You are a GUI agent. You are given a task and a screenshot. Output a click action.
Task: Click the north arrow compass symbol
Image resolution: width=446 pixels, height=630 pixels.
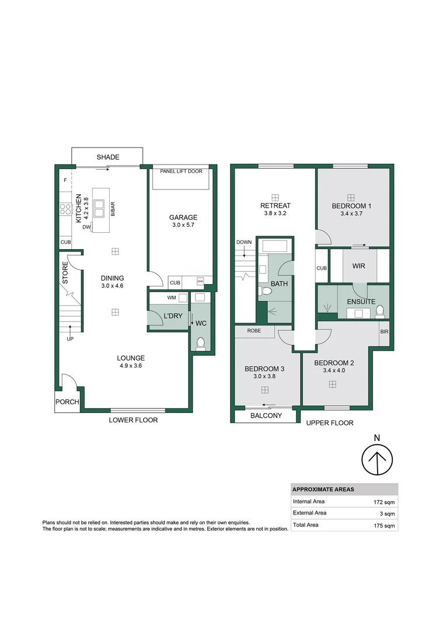[378, 461]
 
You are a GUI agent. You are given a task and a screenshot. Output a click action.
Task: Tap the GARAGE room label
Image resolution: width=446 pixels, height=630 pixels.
[184, 218]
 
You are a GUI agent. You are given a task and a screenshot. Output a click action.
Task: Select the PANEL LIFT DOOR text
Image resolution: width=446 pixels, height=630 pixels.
[181, 171]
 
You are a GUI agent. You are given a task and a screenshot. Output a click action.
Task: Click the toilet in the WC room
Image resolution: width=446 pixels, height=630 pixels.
[201, 343]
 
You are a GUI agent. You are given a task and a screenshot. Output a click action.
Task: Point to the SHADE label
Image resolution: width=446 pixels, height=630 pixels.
[108, 157]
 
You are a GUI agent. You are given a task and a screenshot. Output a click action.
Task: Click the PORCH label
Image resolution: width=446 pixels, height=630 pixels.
[67, 402]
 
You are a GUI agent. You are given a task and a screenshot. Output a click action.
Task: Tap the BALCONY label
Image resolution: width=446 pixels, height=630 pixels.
[266, 416]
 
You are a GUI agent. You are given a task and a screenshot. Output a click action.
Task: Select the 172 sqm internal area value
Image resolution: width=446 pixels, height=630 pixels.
[384, 502]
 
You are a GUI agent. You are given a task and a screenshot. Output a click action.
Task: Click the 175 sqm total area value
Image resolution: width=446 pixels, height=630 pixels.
[384, 526]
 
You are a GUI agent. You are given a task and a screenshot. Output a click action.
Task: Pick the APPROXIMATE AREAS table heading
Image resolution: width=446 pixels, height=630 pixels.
[323, 489]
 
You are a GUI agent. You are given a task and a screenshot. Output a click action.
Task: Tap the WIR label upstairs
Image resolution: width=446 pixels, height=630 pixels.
[359, 265]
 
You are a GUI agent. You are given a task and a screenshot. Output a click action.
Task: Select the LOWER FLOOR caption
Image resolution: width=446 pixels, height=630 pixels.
[133, 420]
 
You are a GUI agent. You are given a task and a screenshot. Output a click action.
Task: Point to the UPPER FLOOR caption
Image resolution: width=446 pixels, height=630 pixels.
[330, 423]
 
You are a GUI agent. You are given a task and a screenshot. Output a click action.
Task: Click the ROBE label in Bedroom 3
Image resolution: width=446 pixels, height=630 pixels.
[254, 330]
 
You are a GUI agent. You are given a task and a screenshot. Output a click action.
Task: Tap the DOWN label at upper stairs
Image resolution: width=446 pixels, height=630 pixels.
[243, 242]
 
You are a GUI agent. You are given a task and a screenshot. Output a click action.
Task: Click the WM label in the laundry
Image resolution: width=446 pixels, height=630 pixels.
[172, 297]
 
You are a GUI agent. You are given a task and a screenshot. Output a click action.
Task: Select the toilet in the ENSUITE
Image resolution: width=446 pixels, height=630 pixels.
[380, 310]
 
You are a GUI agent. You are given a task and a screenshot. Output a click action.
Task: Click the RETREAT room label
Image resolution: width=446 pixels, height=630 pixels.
[275, 206]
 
